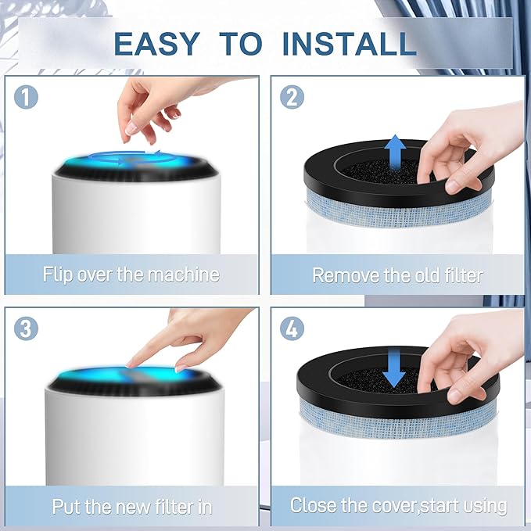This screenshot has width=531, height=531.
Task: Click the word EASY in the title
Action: (x=156, y=44)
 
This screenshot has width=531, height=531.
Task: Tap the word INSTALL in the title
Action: (x=349, y=44)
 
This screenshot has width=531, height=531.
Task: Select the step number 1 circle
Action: (x=26, y=97)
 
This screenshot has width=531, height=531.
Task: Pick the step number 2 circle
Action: (x=292, y=97)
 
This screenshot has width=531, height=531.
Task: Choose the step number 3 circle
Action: (x=26, y=328)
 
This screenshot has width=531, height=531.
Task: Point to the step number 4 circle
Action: (x=292, y=328)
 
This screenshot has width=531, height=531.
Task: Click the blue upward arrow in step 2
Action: (x=395, y=153)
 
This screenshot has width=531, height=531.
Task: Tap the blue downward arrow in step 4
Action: (x=394, y=369)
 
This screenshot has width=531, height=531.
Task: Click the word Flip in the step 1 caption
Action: (x=58, y=274)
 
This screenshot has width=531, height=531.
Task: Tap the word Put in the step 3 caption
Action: (x=66, y=507)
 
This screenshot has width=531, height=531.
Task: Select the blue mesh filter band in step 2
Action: (x=397, y=209)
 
